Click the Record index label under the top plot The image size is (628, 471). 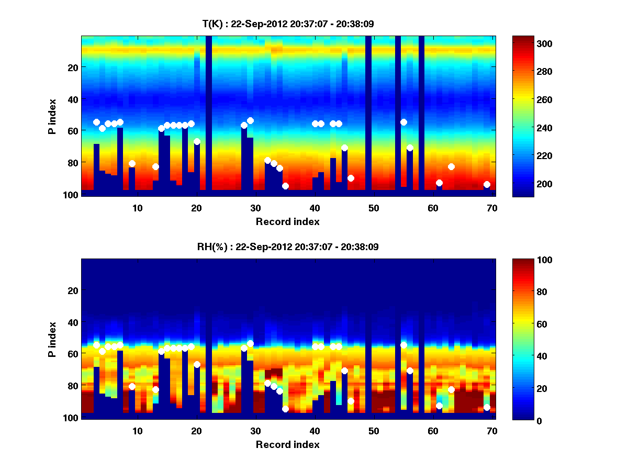(288, 221)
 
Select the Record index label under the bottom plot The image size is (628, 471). (288, 444)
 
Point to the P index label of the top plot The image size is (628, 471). (52, 116)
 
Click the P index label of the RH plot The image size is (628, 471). (52, 339)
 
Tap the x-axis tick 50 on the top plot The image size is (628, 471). (374, 208)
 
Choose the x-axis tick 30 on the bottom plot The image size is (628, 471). (255, 431)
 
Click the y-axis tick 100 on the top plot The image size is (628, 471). (72, 195)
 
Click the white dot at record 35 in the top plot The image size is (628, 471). (285, 186)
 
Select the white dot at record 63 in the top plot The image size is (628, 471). (451, 166)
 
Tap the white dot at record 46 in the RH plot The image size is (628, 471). (351, 401)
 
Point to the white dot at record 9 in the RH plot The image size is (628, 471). (132, 386)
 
